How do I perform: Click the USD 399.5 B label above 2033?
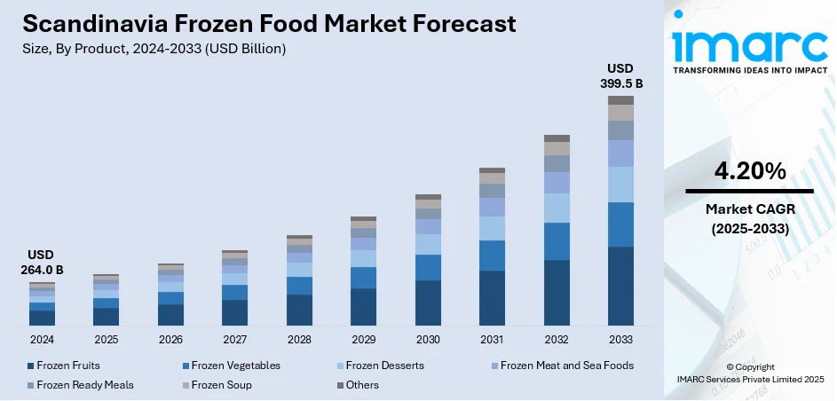620,75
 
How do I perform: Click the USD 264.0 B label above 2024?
42,262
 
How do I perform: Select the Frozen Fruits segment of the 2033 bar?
620,286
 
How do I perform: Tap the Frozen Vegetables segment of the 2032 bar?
557,241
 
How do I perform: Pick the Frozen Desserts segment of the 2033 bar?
620,185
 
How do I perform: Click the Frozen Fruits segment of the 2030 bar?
428,303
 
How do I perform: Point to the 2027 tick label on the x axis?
235,340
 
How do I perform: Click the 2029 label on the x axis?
363,340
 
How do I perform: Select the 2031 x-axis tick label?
492,340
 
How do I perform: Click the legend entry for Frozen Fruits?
67,366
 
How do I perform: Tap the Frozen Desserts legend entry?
384,366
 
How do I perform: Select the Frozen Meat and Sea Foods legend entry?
566,366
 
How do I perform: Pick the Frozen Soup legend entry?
221,385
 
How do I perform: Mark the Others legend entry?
363,385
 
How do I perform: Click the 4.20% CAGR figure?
749,170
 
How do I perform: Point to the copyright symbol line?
749,366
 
